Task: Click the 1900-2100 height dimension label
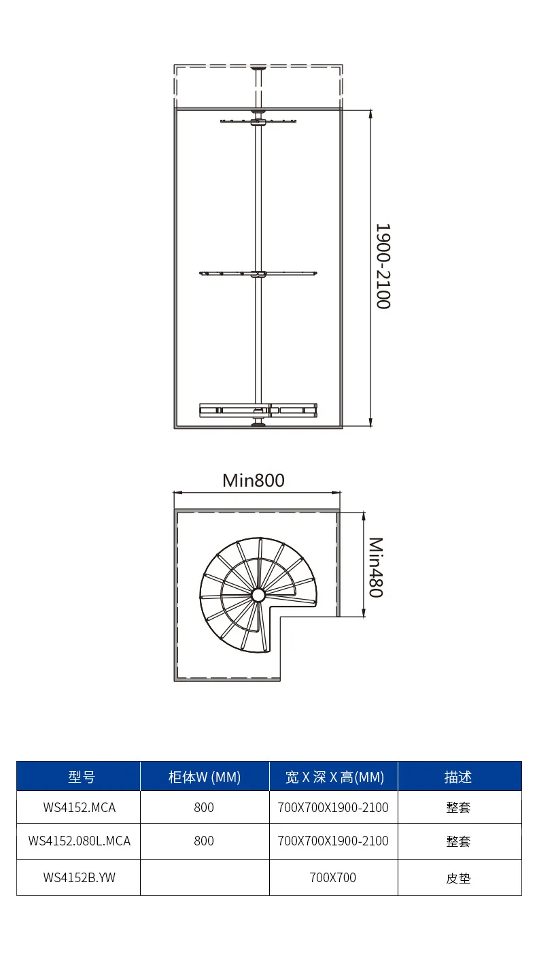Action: point(383,266)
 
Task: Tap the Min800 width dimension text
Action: point(254,481)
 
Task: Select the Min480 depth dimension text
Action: point(376,568)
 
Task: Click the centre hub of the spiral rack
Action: point(258,595)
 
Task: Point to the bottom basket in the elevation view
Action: point(258,410)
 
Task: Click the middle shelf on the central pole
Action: point(258,274)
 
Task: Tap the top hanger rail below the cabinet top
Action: point(258,121)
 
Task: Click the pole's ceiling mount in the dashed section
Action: point(258,67)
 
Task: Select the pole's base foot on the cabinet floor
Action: point(258,423)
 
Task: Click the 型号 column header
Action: point(82,777)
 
